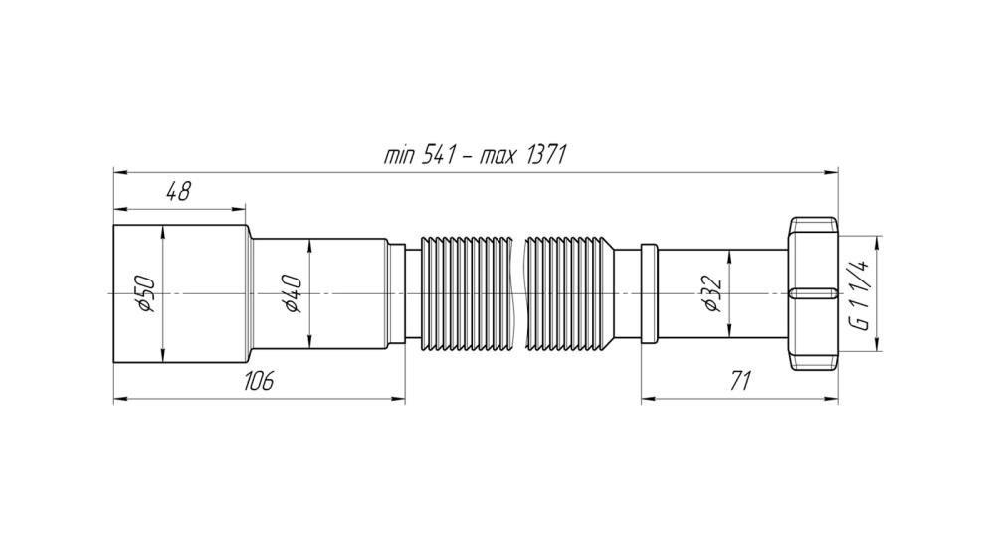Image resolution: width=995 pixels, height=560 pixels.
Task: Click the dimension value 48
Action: point(178,191)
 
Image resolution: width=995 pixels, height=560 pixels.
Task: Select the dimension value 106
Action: point(259,381)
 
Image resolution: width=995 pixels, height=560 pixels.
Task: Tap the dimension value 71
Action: point(740,381)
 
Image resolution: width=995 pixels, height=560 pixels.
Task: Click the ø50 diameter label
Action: point(145,293)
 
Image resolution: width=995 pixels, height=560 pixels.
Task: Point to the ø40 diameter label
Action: point(292,293)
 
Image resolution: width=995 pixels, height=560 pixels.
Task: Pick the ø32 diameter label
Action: point(712,293)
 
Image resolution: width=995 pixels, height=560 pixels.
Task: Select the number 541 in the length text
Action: point(439,154)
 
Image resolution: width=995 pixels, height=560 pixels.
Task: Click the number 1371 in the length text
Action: point(546,154)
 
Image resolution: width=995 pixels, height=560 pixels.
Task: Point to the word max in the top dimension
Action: point(497,156)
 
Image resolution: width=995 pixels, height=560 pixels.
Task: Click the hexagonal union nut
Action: point(813,293)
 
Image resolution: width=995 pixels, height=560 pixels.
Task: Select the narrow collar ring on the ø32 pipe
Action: point(649,293)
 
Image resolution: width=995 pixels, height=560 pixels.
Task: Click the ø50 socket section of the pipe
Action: point(179,293)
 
